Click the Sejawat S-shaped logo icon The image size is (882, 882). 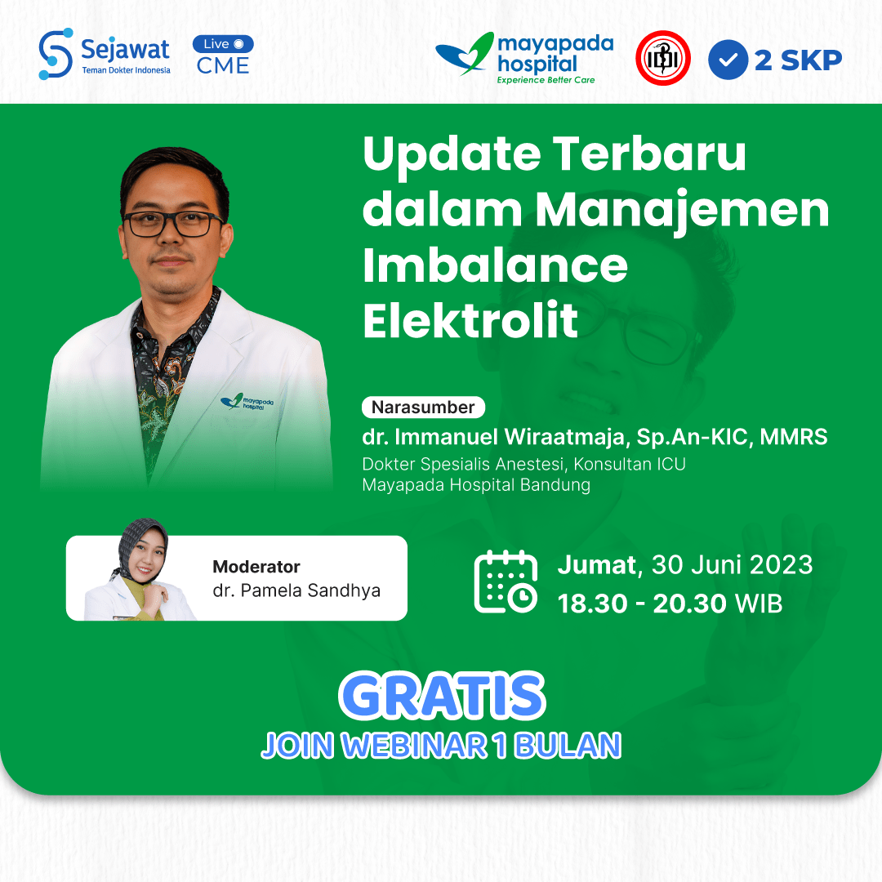[56, 54]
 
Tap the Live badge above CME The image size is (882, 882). [223, 44]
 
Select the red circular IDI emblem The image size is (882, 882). [663, 58]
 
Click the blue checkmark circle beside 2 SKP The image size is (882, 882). [728, 60]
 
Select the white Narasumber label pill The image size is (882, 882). [423, 407]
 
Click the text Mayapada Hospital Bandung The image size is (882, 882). [476, 484]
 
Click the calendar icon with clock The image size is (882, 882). [506, 581]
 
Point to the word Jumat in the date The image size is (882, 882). [596, 564]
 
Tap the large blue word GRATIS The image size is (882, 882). [442, 697]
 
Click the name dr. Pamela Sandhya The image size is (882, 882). [296, 590]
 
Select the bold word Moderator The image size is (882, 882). [256, 567]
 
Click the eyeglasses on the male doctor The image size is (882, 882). [173, 223]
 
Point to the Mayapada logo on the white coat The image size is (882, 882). [247, 402]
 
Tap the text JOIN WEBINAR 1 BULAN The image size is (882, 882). [441, 746]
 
